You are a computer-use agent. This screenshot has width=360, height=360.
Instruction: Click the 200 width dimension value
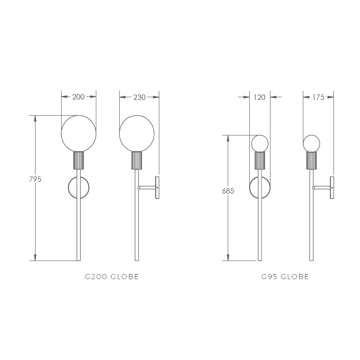pyautogui.click(x=78, y=97)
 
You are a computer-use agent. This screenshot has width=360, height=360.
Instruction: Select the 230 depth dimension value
pyautogui.click(x=139, y=97)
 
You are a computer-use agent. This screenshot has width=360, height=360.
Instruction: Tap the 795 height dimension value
pyautogui.click(x=35, y=179)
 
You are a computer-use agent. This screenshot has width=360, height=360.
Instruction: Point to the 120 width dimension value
pyautogui.click(x=260, y=97)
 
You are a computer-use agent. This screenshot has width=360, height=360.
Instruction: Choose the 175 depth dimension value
pyautogui.click(x=318, y=97)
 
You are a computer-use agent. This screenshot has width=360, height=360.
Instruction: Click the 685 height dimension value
pyautogui.click(x=228, y=191)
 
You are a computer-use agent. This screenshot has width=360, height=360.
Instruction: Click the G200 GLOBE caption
pyautogui.click(x=112, y=277)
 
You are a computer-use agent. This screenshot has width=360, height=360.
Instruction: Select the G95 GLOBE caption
pyautogui.click(x=285, y=277)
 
